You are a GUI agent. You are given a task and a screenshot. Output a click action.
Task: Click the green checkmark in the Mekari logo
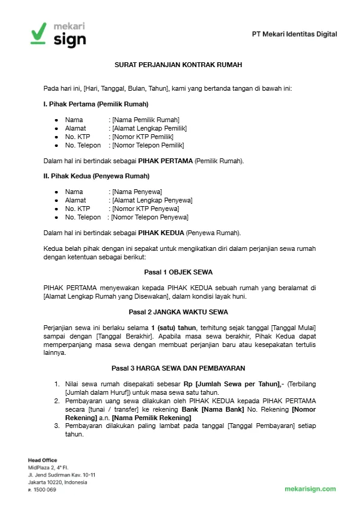pos(37,32)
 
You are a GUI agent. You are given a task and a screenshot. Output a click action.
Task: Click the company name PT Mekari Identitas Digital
pos(294,34)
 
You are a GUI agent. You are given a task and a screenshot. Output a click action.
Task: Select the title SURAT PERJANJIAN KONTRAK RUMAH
pos(178,64)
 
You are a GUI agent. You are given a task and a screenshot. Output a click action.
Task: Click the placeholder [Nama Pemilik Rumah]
pos(146,120)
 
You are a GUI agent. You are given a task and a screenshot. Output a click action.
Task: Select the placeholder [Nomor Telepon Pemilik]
pos(147,145)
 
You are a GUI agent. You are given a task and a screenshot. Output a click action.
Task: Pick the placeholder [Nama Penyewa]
pos(137,192)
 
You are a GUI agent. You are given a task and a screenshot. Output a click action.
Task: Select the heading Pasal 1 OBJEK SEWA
pos(178,272)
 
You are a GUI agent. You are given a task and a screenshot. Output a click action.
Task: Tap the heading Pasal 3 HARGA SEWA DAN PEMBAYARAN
pos(178,368)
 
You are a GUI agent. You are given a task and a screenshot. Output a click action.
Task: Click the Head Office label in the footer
pos(42,461)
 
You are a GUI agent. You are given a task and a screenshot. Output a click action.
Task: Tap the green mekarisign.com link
pos(310,489)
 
